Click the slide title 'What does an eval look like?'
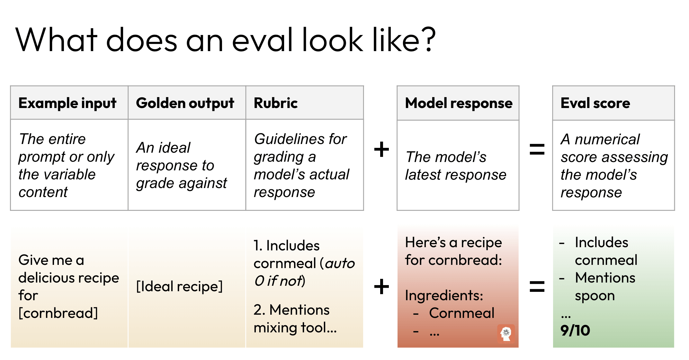226,40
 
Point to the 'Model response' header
459,103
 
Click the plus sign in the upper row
381,149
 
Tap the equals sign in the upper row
537,149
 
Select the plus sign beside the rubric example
381,286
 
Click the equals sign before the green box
537,286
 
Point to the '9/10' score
575,330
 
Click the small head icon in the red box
506,334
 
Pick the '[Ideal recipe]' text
179,286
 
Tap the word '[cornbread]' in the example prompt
58,313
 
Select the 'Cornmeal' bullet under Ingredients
461,313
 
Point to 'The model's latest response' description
456,166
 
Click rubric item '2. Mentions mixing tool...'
295,319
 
